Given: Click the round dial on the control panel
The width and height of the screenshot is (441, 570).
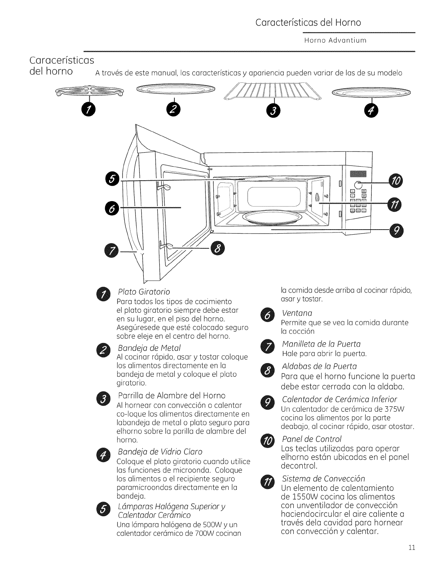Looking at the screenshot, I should (x=358, y=185).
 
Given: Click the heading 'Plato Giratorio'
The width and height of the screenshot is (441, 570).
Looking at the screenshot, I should (x=144, y=292).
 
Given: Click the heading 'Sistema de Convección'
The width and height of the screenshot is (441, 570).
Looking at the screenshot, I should (x=323, y=479).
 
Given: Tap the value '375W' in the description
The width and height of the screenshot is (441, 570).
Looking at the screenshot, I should (x=397, y=410).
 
